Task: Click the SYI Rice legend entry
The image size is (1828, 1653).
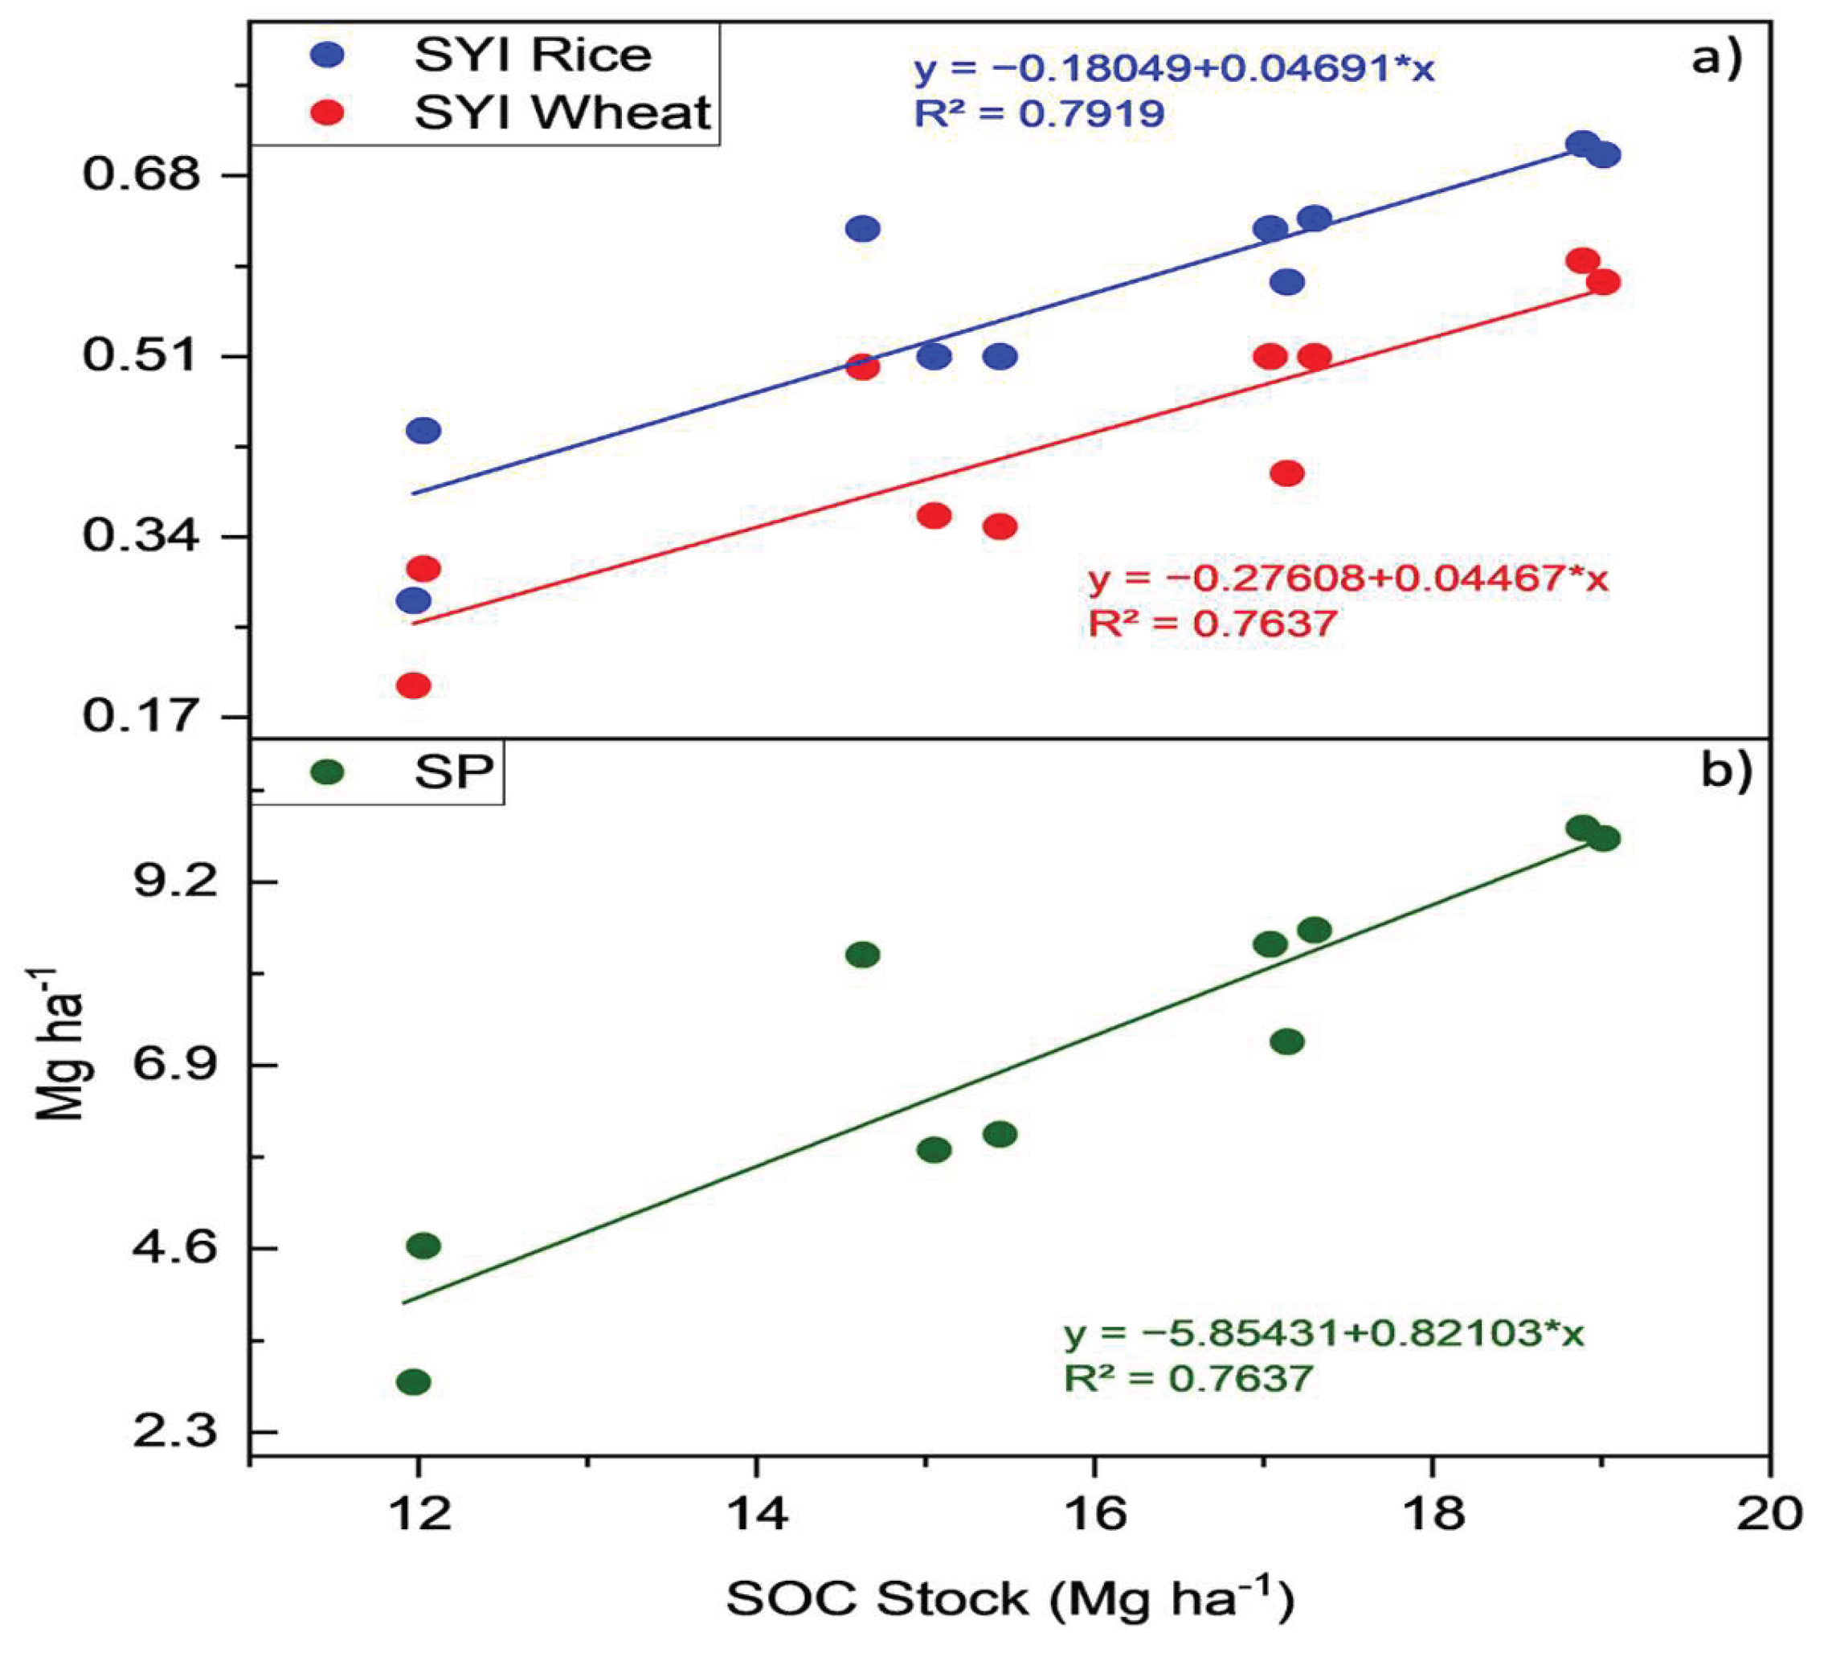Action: (481, 55)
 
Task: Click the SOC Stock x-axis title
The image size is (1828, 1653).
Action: (1010, 1598)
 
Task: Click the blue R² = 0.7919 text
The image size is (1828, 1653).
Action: (1039, 114)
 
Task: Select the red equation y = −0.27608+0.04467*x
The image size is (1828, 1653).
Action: (1348, 579)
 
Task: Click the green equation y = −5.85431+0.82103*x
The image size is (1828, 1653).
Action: (1324, 1334)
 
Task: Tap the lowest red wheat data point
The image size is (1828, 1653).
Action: (414, 685)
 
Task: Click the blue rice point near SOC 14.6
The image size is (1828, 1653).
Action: (862, 227)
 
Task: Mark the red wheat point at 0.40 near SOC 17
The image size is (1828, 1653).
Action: (1286, 473)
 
